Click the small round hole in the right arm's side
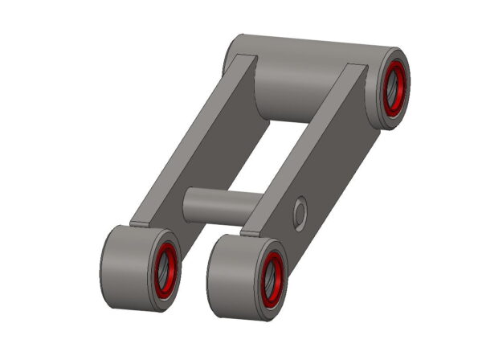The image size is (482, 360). [x=299, y=213]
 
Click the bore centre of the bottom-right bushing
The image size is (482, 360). [x=273, y=277]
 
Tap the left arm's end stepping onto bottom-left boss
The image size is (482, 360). [x=141, y=223]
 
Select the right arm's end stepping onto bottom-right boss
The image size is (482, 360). [x=251, y=233]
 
